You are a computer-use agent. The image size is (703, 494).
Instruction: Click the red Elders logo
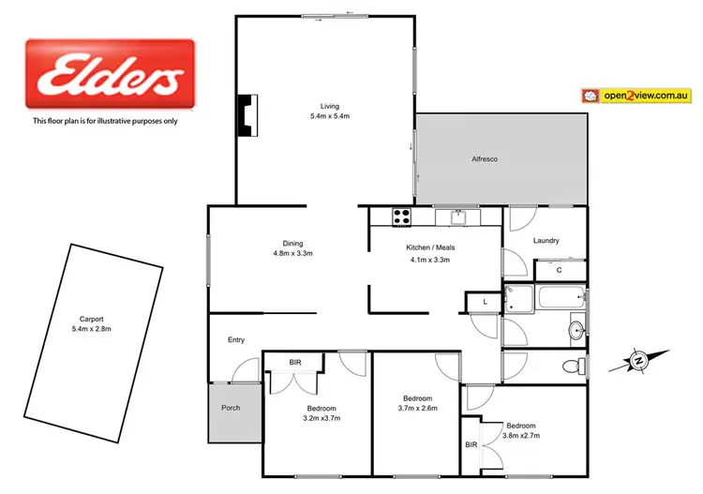point(109,76)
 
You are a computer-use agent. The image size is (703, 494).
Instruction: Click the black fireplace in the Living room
point(246,116)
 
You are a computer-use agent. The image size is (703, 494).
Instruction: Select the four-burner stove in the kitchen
point(401,217)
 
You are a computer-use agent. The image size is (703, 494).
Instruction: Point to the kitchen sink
point(458,217)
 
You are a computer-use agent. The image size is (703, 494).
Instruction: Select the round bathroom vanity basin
point(576,329)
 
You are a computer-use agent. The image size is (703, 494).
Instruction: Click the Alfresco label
point(484,159)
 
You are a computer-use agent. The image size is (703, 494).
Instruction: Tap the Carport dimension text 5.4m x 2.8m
point(91,329)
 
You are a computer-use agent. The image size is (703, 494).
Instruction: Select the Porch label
point(231,407)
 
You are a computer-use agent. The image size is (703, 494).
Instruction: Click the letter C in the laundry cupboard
point(559,271)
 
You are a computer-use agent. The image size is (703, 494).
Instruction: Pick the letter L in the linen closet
point(485,302)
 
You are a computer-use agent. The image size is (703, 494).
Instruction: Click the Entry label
point(236,339)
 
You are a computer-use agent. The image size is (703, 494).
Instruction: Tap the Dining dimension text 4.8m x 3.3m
point(292,254)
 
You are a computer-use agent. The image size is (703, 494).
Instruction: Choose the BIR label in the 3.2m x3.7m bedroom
point(295,361)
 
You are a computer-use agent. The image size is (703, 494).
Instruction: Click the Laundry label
point(546,241)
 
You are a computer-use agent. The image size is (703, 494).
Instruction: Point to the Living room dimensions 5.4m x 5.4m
point(329,116)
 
